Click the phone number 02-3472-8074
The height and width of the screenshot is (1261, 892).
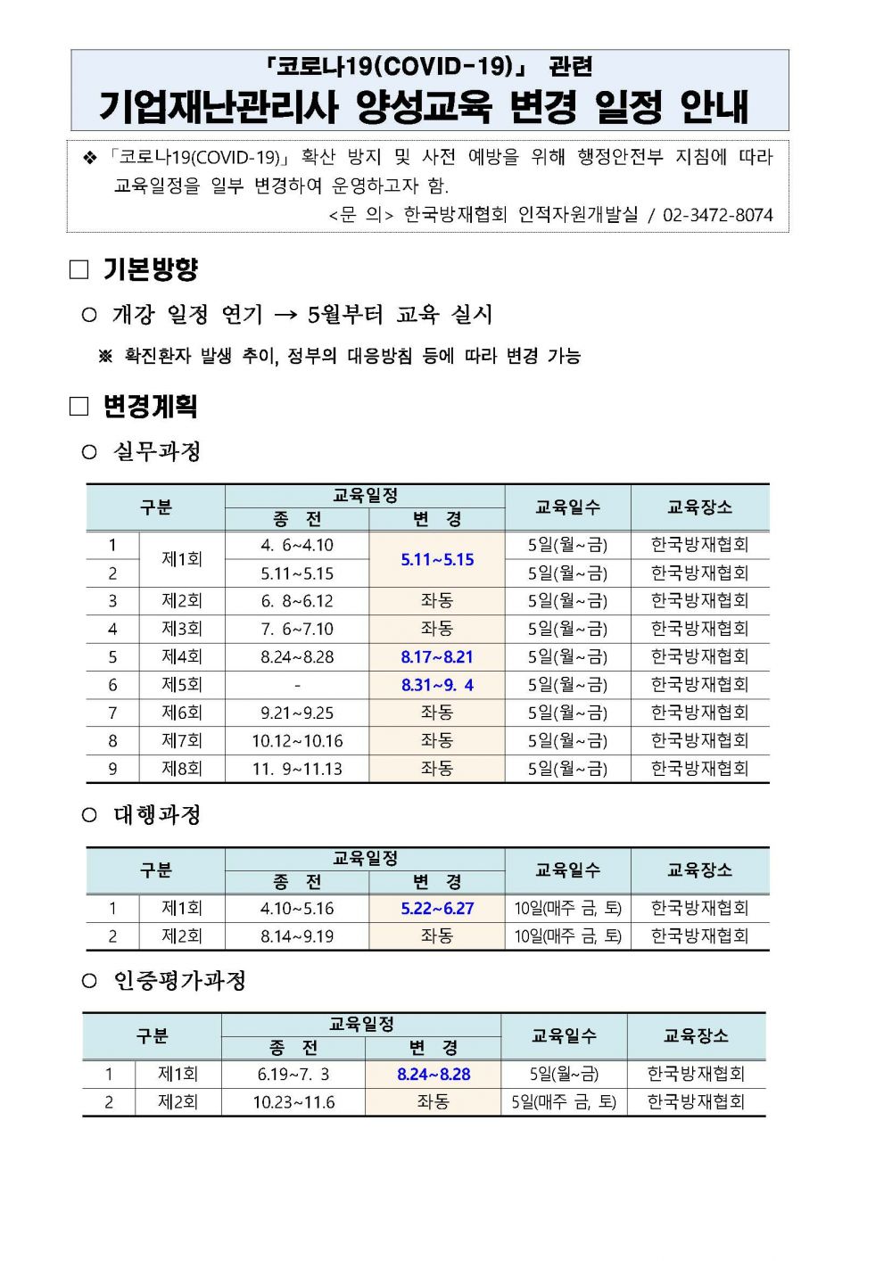click(717, 215)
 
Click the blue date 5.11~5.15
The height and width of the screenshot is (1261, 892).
click(437, 559)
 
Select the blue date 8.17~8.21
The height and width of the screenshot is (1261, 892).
click(437, 657)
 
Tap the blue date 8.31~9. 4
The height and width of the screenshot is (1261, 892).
click(437, 685)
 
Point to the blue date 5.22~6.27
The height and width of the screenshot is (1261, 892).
click(437, 909)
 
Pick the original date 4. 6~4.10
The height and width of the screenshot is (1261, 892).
click(297, 546)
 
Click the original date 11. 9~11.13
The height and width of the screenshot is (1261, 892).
click(297, 769)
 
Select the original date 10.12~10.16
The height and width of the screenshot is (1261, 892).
click(297, 741)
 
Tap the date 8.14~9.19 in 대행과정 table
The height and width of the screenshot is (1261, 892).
click(297, 936)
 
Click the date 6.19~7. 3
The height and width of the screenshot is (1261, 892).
click(293, 1075)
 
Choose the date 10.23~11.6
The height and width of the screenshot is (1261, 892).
click(293, 1102)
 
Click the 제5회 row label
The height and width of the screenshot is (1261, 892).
click(182, 685)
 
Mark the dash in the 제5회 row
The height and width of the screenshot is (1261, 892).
click(297, 686)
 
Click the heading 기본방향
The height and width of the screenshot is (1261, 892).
click(150, 269)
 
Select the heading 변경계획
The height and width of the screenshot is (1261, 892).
click(150, 407)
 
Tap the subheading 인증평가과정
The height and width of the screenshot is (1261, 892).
click(179, 981)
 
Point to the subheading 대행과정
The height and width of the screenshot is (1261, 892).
click(157, 815)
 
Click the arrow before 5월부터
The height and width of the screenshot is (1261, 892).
click(285, 315)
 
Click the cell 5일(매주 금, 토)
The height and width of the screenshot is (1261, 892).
click(564, 1102)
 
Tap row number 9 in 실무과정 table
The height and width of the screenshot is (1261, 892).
click(112, 769)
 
